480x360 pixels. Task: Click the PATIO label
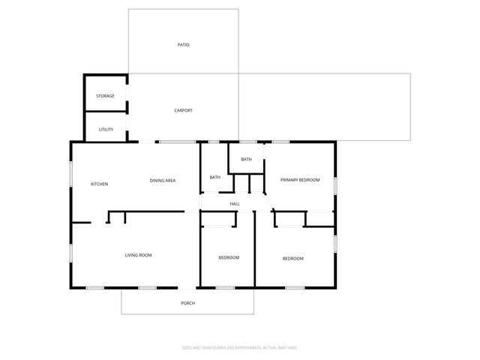pyautogui.click(x=183, y=45)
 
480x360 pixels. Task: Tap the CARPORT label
pyautogui.click(x=183, y=110)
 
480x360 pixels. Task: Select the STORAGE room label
pyautogui.click(x=105, y=96)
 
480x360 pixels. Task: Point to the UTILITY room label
pyautogui.click(x=106, y=129)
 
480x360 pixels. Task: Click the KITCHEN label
pyautogui.click(x=100, y=184)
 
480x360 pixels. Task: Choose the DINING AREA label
pyautogui.click(x=163, y=180)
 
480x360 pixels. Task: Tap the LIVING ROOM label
pyautogui.click(x=138, y=255)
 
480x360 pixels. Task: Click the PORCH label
pyautogui.click(x=187, y=303)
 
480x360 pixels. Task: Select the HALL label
pyautogui.click(x=234, y=203)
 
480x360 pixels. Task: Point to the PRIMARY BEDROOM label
pyautogui.click(x=300, y=180)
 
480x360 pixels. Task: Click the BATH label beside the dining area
pyautogui.click(x=215, y=177)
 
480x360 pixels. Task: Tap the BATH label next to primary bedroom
pyautogui.click(x=246, y=159)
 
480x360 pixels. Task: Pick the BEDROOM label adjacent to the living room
pyautogui.click(x=229, y=257)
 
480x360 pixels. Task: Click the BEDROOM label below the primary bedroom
pyautogui.click(x=292, y=258)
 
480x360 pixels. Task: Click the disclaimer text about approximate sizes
pyautogui.click(x=241, y=347)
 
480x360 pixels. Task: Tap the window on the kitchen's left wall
pyautogui.click(x=71, y=174)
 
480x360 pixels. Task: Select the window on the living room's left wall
pyautogui.click(x=71, y=253)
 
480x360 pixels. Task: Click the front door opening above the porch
pyautogui.click(x=187, y=287)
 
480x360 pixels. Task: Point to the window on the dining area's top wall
pyautogui.click(x=176, y=142)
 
